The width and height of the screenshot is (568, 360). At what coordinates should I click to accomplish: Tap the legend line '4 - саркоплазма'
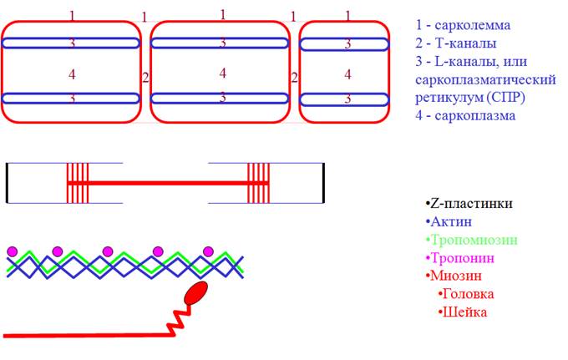(x=465, y=115)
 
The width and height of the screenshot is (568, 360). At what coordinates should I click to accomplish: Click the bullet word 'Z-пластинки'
(x=470, y=203)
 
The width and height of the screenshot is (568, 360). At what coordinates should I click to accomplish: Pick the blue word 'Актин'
(x=451, y=221)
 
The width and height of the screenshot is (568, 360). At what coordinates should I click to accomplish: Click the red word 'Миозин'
(x=456, y=276)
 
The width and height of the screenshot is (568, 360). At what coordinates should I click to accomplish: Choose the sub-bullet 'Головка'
(x=468, y=294)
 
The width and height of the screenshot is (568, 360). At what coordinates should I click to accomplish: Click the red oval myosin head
(x=195, y=293)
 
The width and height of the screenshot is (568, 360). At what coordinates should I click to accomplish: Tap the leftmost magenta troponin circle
(x=12, y=251)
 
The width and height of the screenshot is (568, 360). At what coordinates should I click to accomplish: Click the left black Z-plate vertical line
(x=7, y=182)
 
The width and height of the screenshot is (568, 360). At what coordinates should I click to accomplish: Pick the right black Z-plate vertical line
(x=323, y=182)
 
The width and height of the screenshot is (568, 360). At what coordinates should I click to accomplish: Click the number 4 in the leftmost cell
(x=73, y=74)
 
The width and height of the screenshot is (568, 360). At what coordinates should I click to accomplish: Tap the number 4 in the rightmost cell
(x=347, y=74)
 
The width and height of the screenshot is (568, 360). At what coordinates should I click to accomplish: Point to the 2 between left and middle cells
(x=145, y=78)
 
